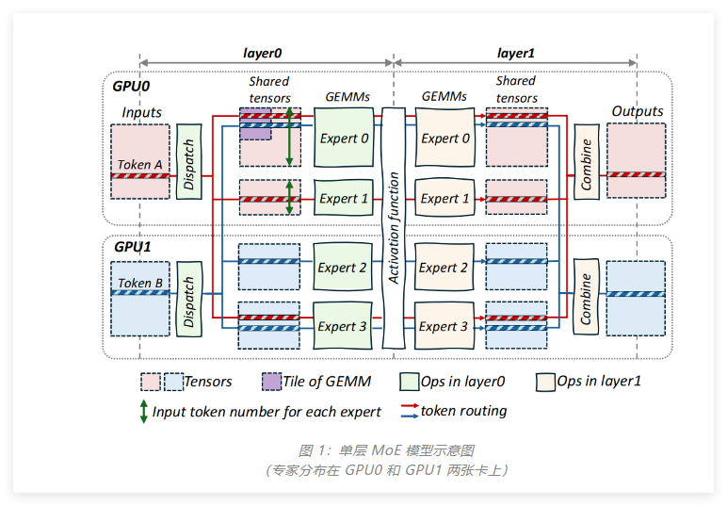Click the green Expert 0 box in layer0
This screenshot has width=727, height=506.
pyautogui.click(x=344, y=139)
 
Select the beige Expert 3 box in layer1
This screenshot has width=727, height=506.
pyautogui.click(x=444, y=326)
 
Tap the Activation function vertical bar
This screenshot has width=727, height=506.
pyautogui.click(x=394, y=226)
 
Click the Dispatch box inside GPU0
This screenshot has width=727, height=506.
pyautogui.click(x=189, y=161)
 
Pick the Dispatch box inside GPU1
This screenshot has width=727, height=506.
pyautogui.click(x=189, y=302)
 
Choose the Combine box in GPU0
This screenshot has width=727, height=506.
pyautogui.click(x=587, y=162)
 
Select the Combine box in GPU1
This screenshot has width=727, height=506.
pyautogui.click(x=586, y=301)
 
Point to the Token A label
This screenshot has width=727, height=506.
pyautogui.click(x=139, y=165)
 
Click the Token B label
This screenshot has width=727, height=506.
pyautogui.click(x=139, y=283)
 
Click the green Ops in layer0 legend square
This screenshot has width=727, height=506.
pyautogui.click(x=410, y=382)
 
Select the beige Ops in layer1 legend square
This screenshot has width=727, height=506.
pyautogui.click(x=545, y=382)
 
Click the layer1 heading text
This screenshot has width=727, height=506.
pyautogui.click(x=515, y=55)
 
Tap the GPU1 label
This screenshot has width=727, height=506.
pyautogui.click(x=132, y=247)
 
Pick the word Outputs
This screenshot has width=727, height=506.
pyautogui.click(x=637, y=111)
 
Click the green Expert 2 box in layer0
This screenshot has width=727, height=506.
pyautogui.click(x=344, y=268)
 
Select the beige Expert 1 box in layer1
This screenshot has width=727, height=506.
pyautogui.click(x=444, y=198)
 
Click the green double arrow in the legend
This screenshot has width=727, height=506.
pyautogui.click(x=143, y=412)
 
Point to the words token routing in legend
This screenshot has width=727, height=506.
pyautogui.click(x=463, y=411)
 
